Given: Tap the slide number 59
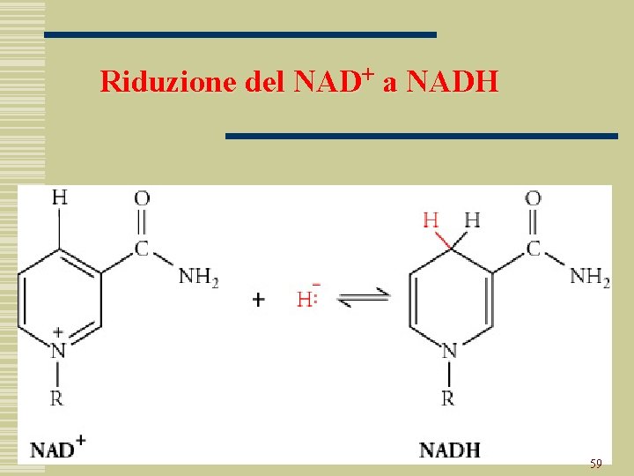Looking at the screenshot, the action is [596, 463].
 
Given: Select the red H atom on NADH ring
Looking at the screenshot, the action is [431, 219].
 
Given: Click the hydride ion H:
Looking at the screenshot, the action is [306, 299].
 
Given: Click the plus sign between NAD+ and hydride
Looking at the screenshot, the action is [258, 299].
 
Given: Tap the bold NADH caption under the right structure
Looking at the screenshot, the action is [450, 450].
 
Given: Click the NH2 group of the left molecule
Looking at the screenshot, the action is [199, 277].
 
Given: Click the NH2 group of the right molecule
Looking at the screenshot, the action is [590, 277].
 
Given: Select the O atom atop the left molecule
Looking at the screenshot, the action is [142, 198].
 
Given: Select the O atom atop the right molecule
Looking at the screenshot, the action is [533, 198].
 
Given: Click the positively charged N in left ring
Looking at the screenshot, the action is [58, 351].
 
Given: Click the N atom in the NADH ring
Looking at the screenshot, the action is [449, 352].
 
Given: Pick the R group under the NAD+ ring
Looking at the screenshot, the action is [57, 398].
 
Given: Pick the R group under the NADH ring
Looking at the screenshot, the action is [448, 398].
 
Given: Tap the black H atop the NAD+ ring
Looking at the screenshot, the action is [59, 197].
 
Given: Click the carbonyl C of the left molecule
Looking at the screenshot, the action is [142, 249].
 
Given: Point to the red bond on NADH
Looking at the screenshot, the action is [441, 238].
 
